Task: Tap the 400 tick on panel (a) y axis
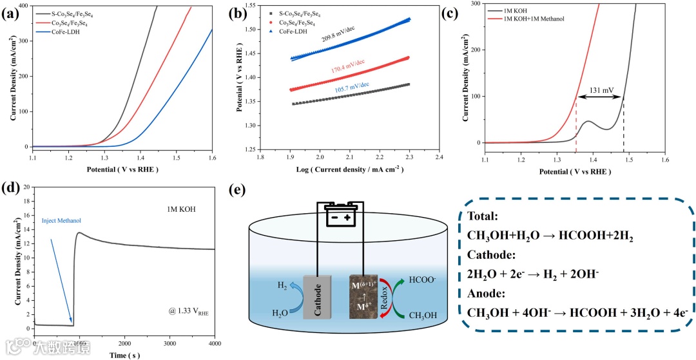[21, 5]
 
